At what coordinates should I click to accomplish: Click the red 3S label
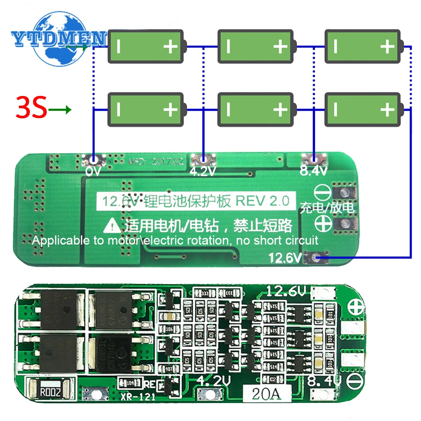tap(31, 108)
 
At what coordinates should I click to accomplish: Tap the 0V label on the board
tap(93, 171)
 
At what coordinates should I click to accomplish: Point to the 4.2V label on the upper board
tap(203, 171)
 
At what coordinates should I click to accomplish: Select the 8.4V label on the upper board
tap(314, 171)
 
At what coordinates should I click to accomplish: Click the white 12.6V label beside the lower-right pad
tap(285, 258)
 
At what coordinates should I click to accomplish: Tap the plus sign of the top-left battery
tap(171, 46)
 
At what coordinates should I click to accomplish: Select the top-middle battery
tap(255, 46)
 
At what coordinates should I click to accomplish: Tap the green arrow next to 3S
tap(60, 111)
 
